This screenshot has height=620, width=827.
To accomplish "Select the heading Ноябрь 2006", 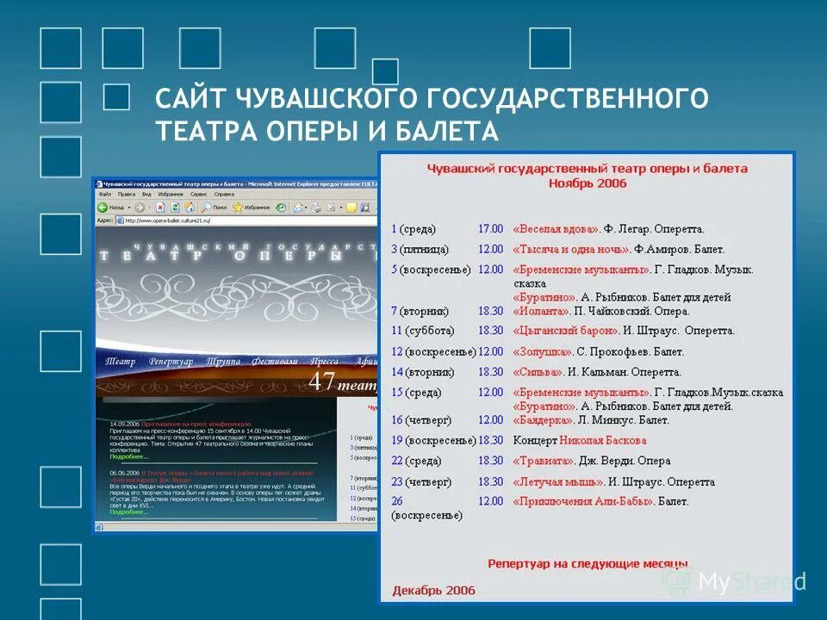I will tap(588, 183).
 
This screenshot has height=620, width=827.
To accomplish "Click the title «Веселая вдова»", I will tap(556, 229).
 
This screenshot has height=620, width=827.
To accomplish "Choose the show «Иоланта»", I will tap(541, 311).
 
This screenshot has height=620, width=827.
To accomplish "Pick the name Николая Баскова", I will tap(603, 441).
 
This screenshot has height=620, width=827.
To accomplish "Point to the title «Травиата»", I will tap(544, 461).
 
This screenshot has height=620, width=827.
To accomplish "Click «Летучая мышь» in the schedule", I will tap(557, 482).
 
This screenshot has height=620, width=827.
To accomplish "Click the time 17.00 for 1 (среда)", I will tap(490, 229).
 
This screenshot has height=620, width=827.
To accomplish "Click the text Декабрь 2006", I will tap(433, 591).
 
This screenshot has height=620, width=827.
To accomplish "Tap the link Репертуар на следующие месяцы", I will tap(588, 563).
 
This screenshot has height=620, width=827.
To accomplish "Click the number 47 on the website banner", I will tap(321, 381).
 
